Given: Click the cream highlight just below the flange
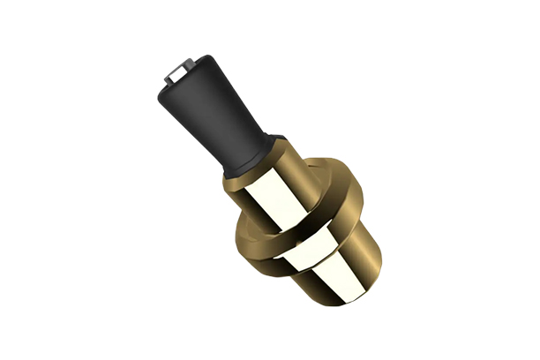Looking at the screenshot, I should [x=300, y=251].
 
